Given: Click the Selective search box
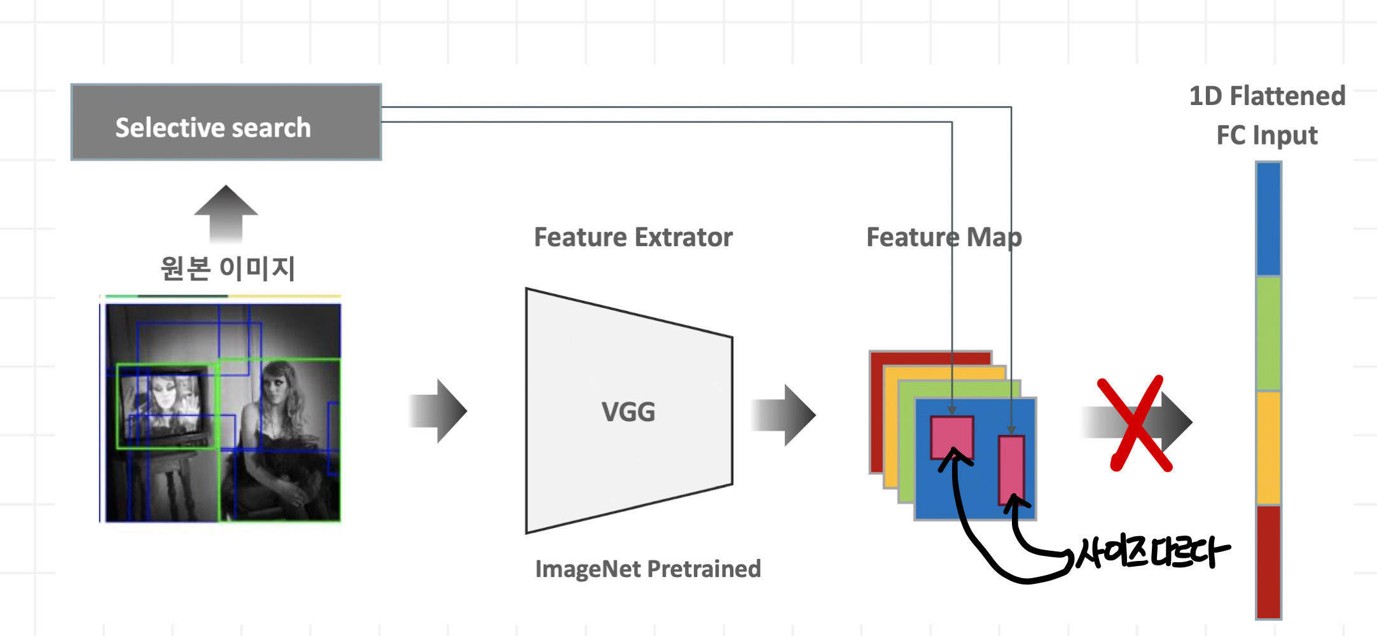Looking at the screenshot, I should (226, 122).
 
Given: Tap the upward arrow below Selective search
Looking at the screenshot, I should (226, 213).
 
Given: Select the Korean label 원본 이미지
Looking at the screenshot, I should (227, 268).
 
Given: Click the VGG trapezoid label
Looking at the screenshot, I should (628, 411).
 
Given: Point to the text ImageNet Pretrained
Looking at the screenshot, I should (647, 569).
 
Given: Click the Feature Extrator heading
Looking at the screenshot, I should (633, 237).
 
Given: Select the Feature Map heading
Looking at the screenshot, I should (944, 237).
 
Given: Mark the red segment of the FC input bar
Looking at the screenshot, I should (1268, 561).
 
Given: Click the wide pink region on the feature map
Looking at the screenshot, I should (951, 437).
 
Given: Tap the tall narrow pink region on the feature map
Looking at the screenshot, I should (1011, 469).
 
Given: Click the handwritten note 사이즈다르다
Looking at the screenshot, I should (1151, 552).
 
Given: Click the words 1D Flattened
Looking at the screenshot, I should (1267, 96).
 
